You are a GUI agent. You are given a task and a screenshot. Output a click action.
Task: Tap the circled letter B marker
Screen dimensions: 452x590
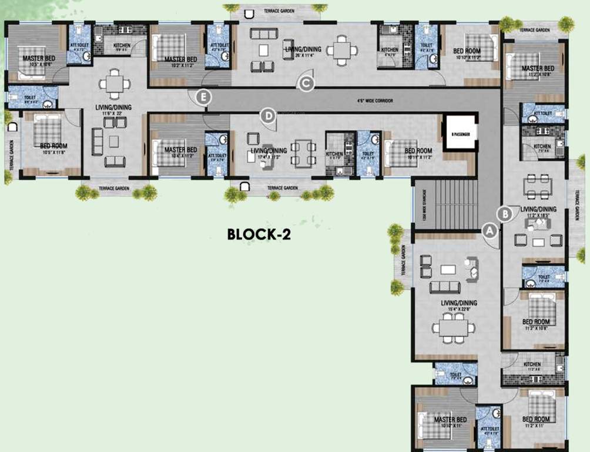(504, 214)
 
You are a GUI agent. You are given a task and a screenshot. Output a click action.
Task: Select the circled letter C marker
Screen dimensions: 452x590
(306, 84)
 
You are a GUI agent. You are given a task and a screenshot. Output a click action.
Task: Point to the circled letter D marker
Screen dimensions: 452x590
(268, 116)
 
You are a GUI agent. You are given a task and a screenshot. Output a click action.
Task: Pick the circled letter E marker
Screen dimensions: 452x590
(203, 97)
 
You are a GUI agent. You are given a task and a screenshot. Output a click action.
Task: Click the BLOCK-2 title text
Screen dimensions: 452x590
(259, 234)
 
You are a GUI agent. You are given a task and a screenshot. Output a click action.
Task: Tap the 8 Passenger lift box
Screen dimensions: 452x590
(460, 134)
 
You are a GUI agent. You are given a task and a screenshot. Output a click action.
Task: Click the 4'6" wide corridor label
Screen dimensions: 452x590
(374, 101)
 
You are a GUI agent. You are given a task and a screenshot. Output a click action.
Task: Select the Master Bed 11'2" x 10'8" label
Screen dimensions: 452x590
(538, 71)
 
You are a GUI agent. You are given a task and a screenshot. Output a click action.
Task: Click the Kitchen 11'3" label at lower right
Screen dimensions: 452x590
(532, 367)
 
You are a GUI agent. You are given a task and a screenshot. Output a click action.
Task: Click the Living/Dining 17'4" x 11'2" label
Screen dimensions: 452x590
(269, 154)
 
